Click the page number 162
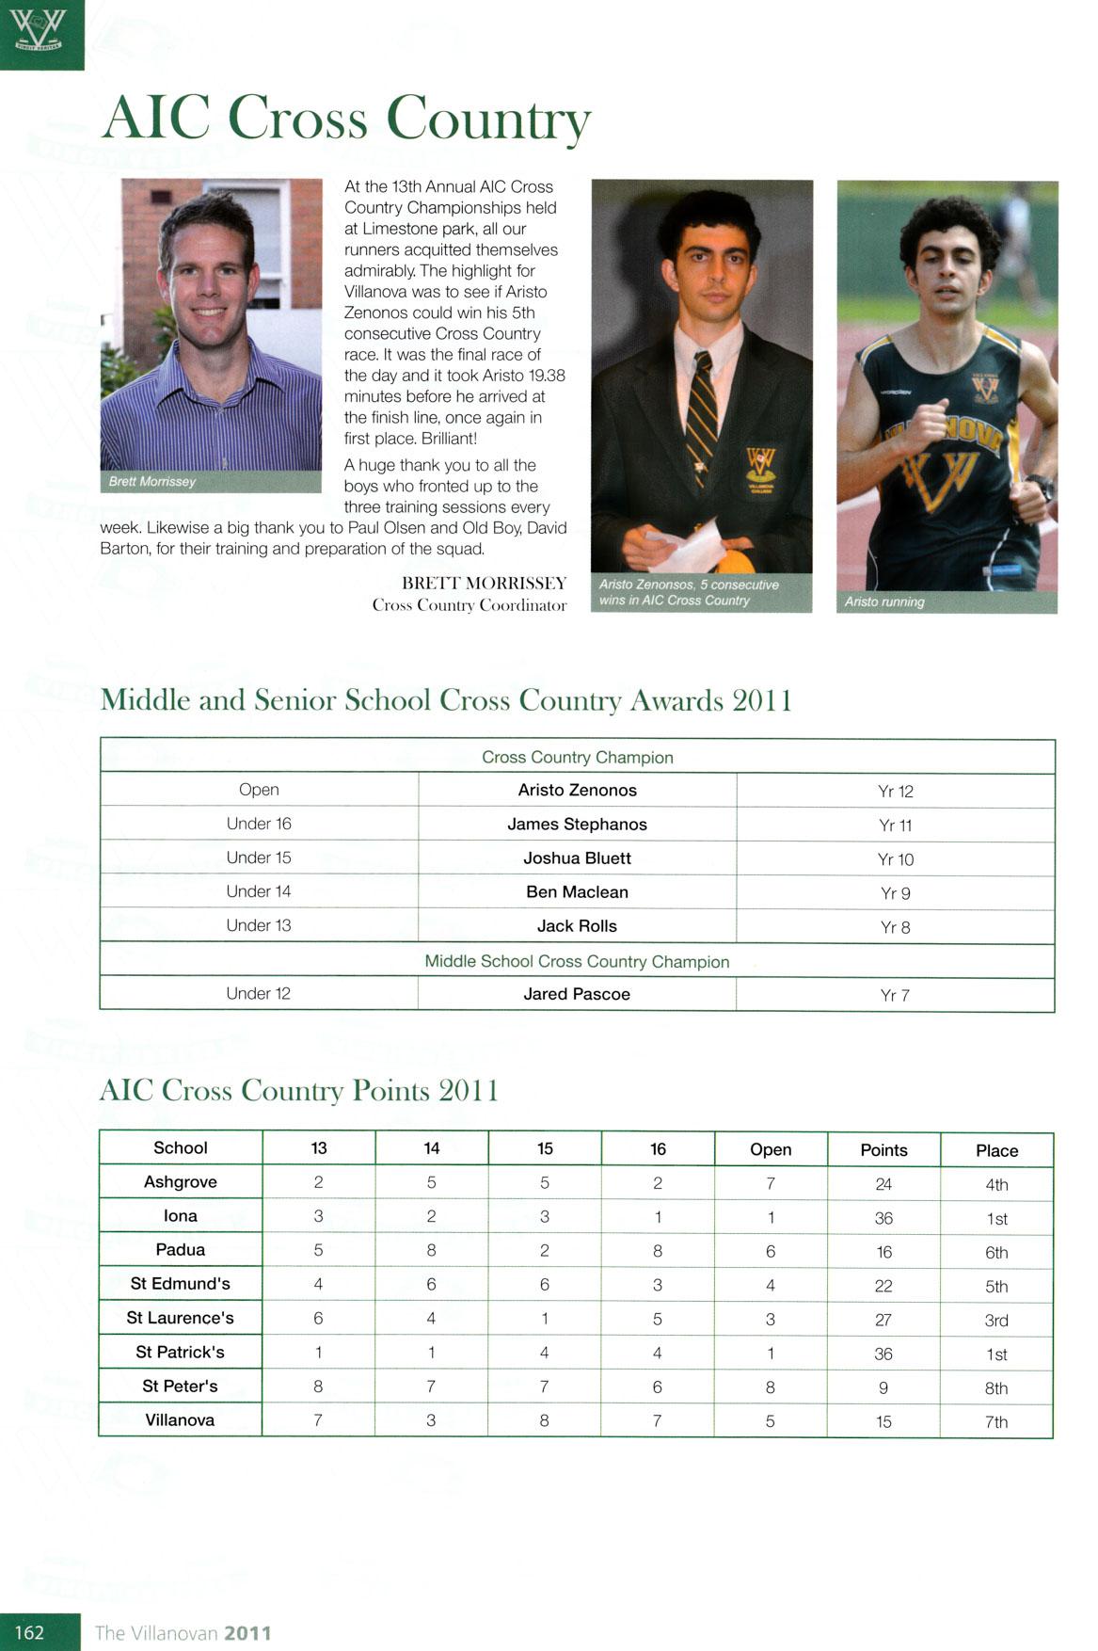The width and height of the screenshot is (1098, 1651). (x=29, y=1632)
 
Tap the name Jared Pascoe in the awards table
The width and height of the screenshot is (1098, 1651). (x=577, y=994)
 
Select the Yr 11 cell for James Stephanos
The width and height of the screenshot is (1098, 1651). (x=895, y=825)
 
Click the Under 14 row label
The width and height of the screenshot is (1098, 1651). (x=259, y=891)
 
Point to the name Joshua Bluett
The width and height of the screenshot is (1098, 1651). (x=577, y=858)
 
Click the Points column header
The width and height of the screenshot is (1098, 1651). (x=883, y=1150)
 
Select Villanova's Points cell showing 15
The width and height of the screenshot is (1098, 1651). (x=883, y=1421)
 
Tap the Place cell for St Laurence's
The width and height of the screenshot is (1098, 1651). (x=996, y=1320)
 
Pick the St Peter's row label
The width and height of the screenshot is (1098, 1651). (x=180, y=1387)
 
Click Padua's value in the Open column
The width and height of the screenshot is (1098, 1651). (x=771, y=1251)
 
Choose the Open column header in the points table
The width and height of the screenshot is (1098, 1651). (x=771, y=1149)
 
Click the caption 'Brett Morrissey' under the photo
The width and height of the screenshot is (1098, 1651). (x=152, y=482)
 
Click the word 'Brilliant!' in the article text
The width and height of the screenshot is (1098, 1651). (x=449, y=439)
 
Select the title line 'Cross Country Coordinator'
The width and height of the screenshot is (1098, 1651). (x=469, y=605)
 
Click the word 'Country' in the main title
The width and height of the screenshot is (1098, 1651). (x=488, y=120)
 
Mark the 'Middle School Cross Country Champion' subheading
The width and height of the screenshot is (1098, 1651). (x=577, y=961)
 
